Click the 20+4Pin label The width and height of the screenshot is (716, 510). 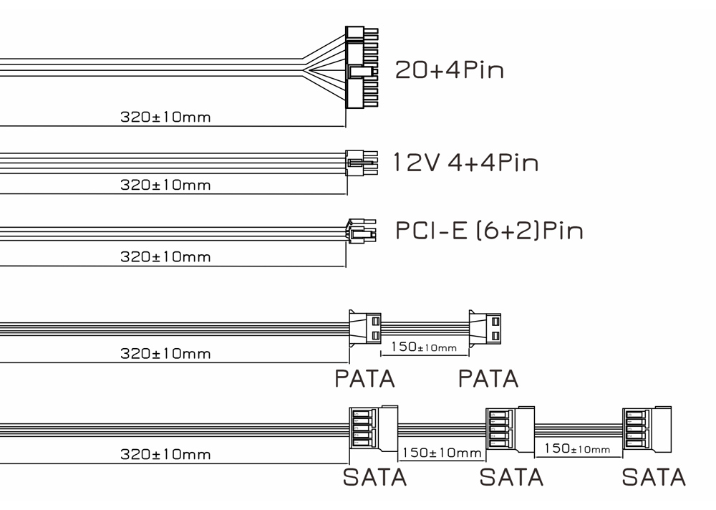click(450, 70)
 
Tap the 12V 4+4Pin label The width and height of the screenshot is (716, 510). click(466, 162)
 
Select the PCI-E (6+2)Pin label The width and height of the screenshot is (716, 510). click(489, 231)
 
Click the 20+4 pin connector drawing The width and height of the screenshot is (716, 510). click(362, 67)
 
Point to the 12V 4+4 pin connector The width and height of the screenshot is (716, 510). click(362, 163)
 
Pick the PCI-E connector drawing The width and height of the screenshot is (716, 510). click(361, 231)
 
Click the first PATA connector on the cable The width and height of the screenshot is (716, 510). click(365, 328)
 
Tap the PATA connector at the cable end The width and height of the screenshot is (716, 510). click(485, 329)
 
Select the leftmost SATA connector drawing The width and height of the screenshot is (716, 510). click(374, 428)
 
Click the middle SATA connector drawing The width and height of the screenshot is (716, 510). click(510, 430)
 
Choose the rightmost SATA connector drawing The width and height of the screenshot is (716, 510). click(647, 430)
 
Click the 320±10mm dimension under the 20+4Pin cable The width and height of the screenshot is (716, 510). click(165, 117)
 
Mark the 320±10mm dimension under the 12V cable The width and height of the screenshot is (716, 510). click(165, 185)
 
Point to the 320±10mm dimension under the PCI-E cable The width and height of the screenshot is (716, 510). click(165, 257)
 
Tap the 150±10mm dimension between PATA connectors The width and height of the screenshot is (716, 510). click(424, 347)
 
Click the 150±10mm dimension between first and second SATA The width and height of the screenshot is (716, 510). click(442, 453)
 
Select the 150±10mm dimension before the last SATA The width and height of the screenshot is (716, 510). click(577, 449)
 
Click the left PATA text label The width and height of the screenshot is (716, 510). click(365, 379)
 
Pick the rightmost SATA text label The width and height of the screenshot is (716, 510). click(654, 478)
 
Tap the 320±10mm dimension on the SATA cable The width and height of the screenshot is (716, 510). click(165, 455)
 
